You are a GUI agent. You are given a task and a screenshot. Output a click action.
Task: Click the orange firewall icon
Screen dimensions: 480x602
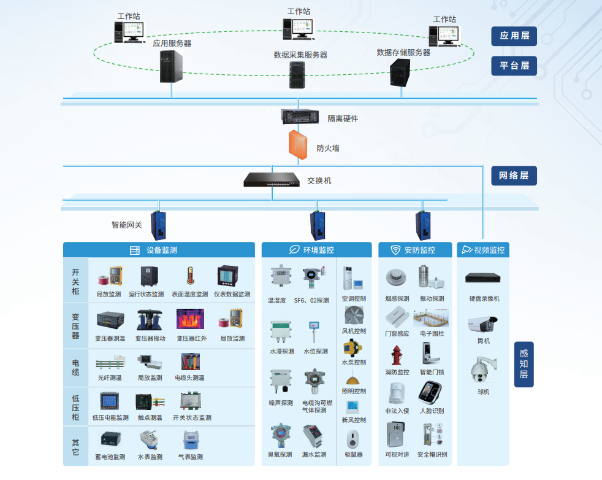298,144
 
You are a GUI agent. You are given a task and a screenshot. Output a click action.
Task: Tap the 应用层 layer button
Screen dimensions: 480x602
514,36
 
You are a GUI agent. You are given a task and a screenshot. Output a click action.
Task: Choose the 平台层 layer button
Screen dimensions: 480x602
514,66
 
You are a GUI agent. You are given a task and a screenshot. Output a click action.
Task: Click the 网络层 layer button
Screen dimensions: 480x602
514,176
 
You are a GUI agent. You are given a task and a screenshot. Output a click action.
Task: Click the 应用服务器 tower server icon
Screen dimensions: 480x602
171,66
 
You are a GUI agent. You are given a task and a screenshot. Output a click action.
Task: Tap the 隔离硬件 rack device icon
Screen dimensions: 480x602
301,115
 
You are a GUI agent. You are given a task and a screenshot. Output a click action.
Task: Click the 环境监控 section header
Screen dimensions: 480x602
316,250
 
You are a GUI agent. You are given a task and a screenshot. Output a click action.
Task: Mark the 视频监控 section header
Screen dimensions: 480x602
483,250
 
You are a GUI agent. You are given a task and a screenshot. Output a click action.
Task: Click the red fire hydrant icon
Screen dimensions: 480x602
397,355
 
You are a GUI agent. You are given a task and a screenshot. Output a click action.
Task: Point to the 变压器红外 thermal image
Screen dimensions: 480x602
191,320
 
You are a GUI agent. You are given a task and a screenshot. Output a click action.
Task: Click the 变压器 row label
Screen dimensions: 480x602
75,325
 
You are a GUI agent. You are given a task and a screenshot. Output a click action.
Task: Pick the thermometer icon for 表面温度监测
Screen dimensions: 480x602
190,277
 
